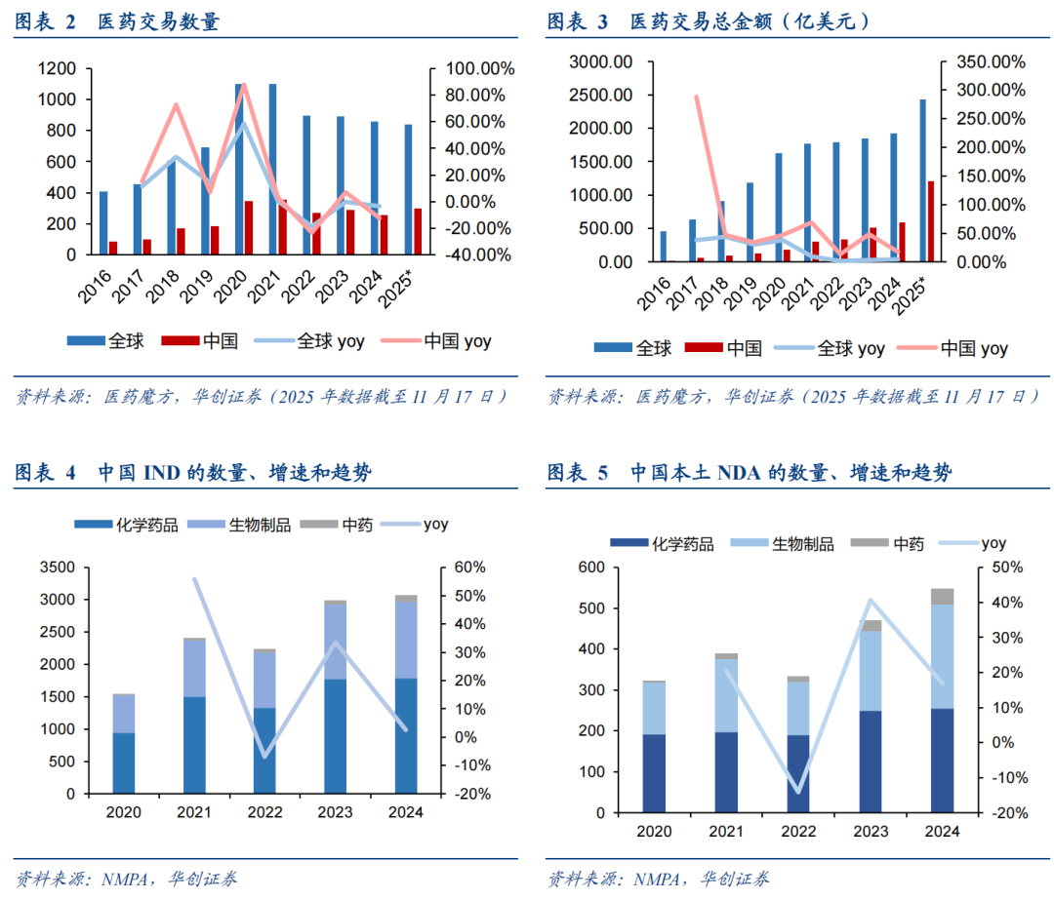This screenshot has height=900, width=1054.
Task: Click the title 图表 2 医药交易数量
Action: coord(117,22)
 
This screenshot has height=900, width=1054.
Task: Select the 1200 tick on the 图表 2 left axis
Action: coord(58,68)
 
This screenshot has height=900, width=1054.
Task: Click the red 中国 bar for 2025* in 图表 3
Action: coord(931,221)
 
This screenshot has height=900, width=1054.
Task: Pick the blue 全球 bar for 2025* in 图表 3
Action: coord(922,180)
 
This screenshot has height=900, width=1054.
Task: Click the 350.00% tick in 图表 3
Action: coord(989,61)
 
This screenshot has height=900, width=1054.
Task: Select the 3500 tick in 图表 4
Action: coord(58,567)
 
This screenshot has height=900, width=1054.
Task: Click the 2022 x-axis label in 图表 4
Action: coord(263,811)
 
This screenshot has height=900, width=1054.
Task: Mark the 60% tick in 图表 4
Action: coord(455,567)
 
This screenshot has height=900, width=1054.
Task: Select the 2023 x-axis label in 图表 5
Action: coord(871,831)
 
